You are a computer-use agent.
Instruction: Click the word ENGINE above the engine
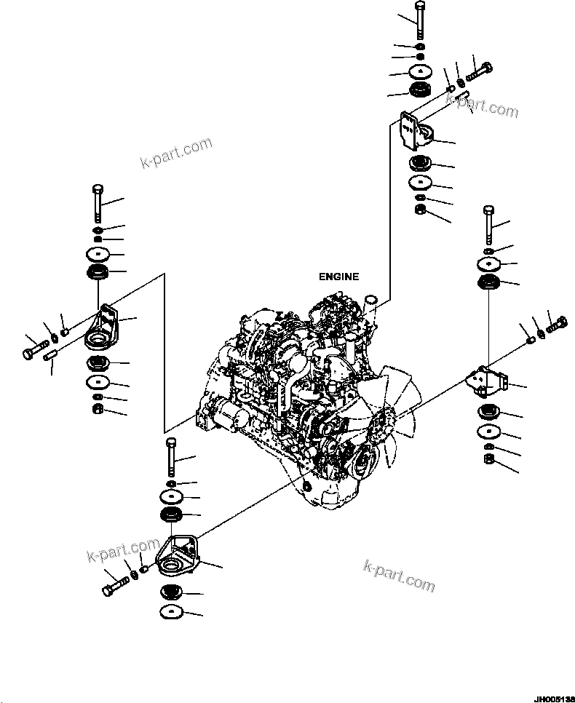[338, 277]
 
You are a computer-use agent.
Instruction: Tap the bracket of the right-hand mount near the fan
[485, 382]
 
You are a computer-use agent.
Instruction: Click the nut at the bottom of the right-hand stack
[488, 459]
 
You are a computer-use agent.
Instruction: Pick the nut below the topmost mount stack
[420, 211]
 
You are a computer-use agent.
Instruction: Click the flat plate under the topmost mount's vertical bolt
[421, 71]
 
